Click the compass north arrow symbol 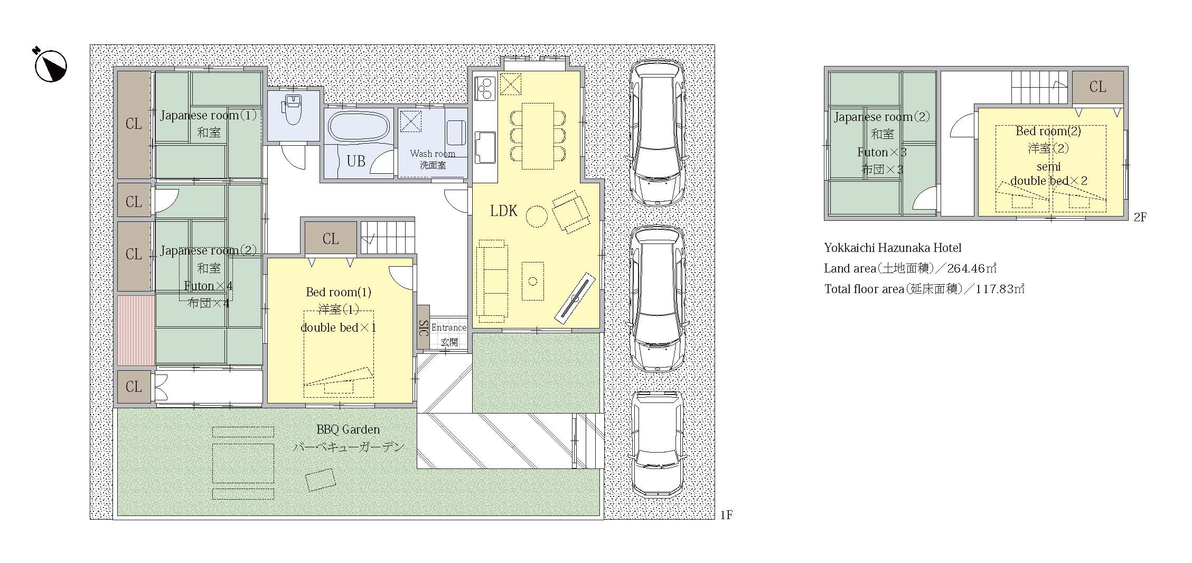pyautogui.click(x=50, y=65)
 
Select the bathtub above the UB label pyautogui.click(x=359, y=126)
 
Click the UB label pyautogui.click(x=356, y=161)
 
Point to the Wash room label pyautogui.click(x=433, y=154)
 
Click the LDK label pyautogui.click(x=503, y=211)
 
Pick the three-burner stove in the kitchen pyautogui.click(x=485, y=88)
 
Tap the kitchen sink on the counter pyautogui.click(x=485, y=147)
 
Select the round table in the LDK pyautogui.click(x=536, y=216)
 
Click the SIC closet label pyautogui.click(x=424, y=327)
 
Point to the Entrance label pyautogui.click(x=449, y=327)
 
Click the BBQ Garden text pyautogui.click(x=348, y=429)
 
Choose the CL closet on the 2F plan pyautogui.click(x=1097, y=87)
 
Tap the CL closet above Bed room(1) pyautogui.click(x=331, y=238)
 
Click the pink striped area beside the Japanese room pyautogui.click(x=136, y=330)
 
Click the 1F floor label pyautogui.click(x=726, y=515)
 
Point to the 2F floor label pyautogui.click(x=1140, y=217)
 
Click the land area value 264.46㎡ pyautogui.click(x=972, y=268)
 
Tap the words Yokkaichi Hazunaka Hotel pyautogui.click(x=893, y=248)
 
